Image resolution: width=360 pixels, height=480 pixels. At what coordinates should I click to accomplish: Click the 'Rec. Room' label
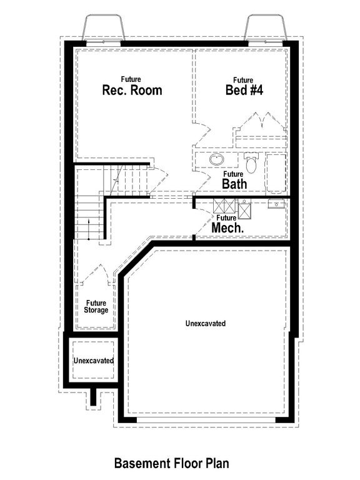coord(132,90)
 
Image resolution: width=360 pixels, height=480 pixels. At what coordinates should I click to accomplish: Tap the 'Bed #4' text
coord(244,90)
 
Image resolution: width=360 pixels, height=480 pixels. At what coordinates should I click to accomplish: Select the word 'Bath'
coord(234,184)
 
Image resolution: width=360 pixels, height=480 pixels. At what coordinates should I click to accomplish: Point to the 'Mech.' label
coord(227,228)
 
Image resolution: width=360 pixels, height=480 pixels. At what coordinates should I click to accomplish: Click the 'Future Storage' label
coord(97,307)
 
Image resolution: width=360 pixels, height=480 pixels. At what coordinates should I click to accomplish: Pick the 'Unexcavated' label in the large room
coord(206,324)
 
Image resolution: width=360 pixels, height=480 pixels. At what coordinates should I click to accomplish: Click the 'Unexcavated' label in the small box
coord(93,361)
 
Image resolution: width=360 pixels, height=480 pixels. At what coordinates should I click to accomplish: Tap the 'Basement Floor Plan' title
coord(171,463)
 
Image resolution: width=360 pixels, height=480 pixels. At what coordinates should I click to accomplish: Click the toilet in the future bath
coord(252,162)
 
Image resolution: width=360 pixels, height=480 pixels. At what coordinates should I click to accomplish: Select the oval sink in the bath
coord(216,160)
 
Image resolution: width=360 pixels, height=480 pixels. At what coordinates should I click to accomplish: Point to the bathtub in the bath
coord(276,173)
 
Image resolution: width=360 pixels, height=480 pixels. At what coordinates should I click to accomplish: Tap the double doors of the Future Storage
coord(96,274)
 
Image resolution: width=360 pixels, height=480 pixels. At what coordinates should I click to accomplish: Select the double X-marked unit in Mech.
coord(224,206)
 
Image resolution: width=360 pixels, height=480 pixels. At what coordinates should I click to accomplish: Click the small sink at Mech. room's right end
coord(276,204)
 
